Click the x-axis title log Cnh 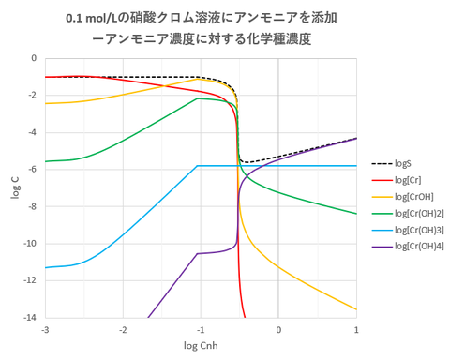[200, 348]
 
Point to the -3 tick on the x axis [44, 330]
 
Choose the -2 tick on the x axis [122, 330]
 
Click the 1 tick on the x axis [356, 330]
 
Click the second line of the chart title [201, 39]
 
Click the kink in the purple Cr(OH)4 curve [198, 253]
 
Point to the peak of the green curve [199, 98]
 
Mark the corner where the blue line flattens [198, 166]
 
